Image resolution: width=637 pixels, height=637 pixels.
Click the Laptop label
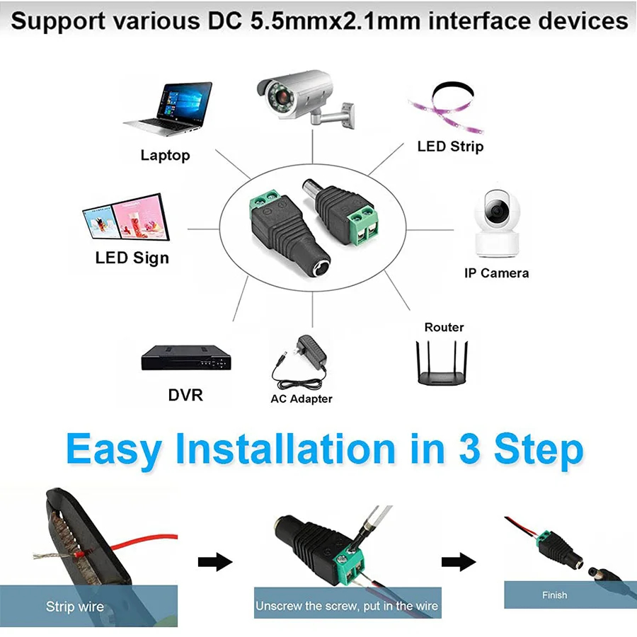(165, 156)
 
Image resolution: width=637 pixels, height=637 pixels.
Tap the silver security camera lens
(281, 97)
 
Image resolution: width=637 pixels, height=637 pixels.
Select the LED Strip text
(451, 147)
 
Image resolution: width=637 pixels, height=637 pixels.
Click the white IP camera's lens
(497, 211)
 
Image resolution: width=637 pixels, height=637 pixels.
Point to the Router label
(444, 327)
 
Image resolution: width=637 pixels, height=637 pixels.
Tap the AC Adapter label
(302, 399)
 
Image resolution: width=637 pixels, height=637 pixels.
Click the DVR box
(186, 357)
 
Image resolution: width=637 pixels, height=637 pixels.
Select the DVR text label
(185, 395)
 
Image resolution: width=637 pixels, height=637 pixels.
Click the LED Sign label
(132, 258)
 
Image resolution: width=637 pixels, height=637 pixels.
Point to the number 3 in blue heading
(471, 449)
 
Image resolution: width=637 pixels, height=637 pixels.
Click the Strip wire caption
(75, 607)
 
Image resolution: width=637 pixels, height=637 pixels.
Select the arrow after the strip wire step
(215, 562)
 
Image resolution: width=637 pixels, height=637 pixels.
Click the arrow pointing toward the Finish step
(459, 562)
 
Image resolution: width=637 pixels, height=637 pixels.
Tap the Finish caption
(554, 595)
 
